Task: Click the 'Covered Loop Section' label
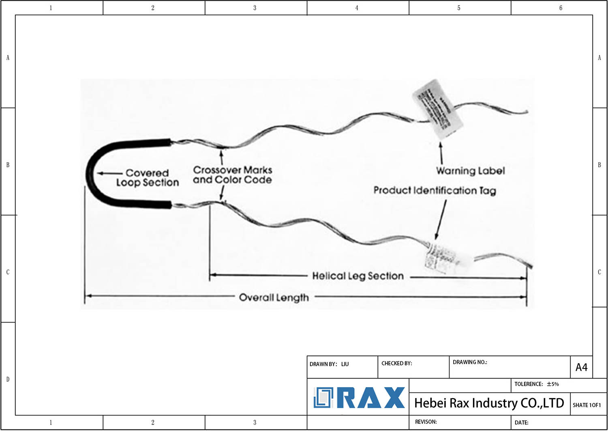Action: [x=147, y=178]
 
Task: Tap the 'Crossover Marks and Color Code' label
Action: [x=232, y=175]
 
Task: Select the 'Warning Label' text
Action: [x=470, y=171]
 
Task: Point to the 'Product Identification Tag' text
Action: [x=435, y=190]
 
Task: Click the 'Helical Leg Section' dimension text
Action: [x=358, y=276]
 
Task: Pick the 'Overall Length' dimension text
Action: [x=274, y=297]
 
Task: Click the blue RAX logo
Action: [x=359, y=398]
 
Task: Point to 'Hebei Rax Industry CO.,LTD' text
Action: [x=489, y=403]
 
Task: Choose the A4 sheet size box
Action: [x=581, y=367]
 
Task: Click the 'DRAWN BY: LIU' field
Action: [x=329, y=364]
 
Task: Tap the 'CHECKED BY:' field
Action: [x=396, y=363]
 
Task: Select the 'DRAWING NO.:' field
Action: [x=470, y=362]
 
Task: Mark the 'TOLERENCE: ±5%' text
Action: [x=536, y=384]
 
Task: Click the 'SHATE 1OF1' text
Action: [x=587, y=405]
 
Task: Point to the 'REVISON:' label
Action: [x=426, y=422]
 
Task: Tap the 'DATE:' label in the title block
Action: [x=521, y=422]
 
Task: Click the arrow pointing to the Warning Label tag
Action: [x=441, y=153]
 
